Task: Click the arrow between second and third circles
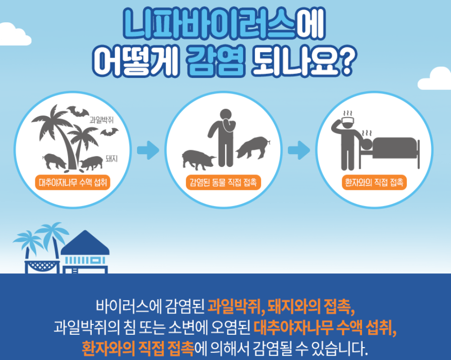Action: pos(299,150)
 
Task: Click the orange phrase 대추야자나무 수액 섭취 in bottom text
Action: pos(325,328)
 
